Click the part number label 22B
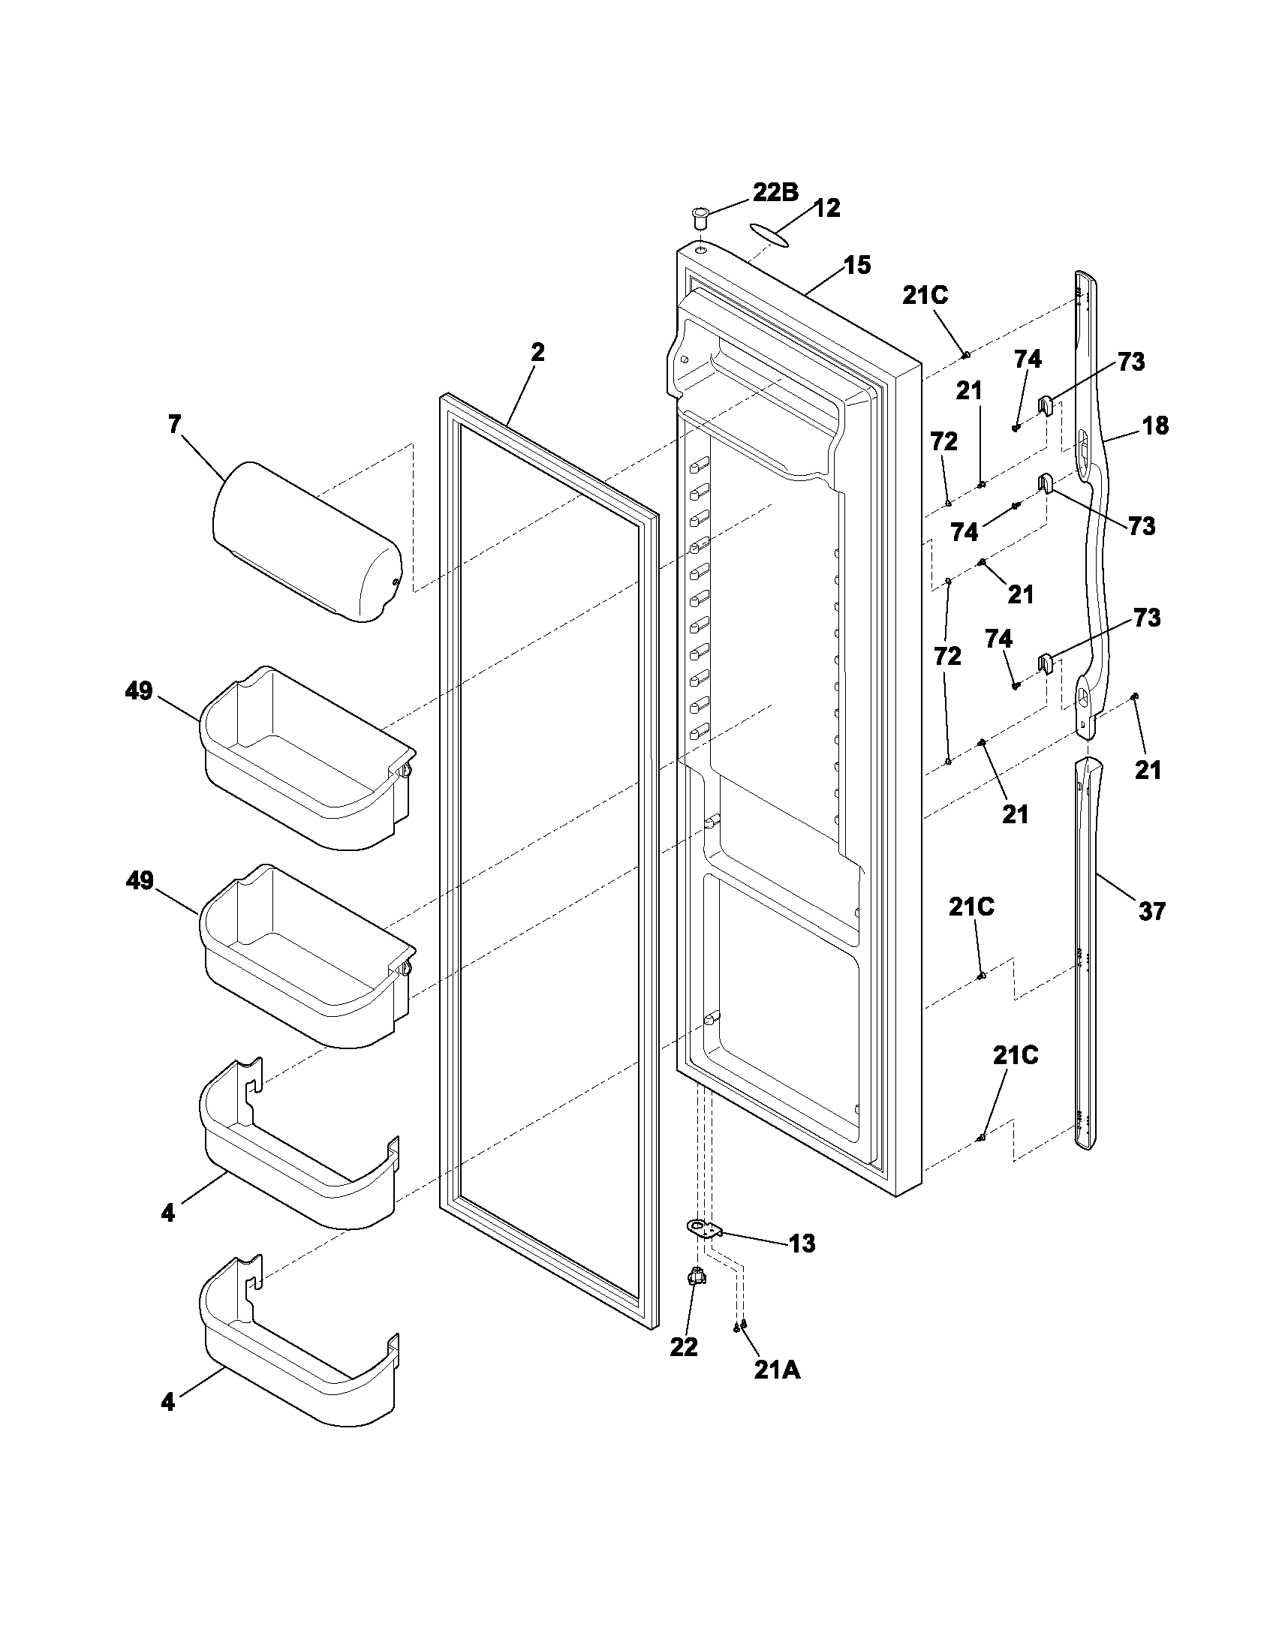tap(774, 193)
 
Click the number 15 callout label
tap(857, 266)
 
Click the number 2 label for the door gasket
tap(537, 353)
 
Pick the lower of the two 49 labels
tap(139, 881)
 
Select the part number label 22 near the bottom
tap(683, 1346)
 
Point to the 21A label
tap(776, 1370)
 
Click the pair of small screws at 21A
tap(740, 1325)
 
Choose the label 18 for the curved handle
tap(1154, 426)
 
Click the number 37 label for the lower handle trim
tap(1152, 912)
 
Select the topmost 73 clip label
tap(1131, 362)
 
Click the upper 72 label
tap(944, 441)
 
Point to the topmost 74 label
tap(1028, 359)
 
